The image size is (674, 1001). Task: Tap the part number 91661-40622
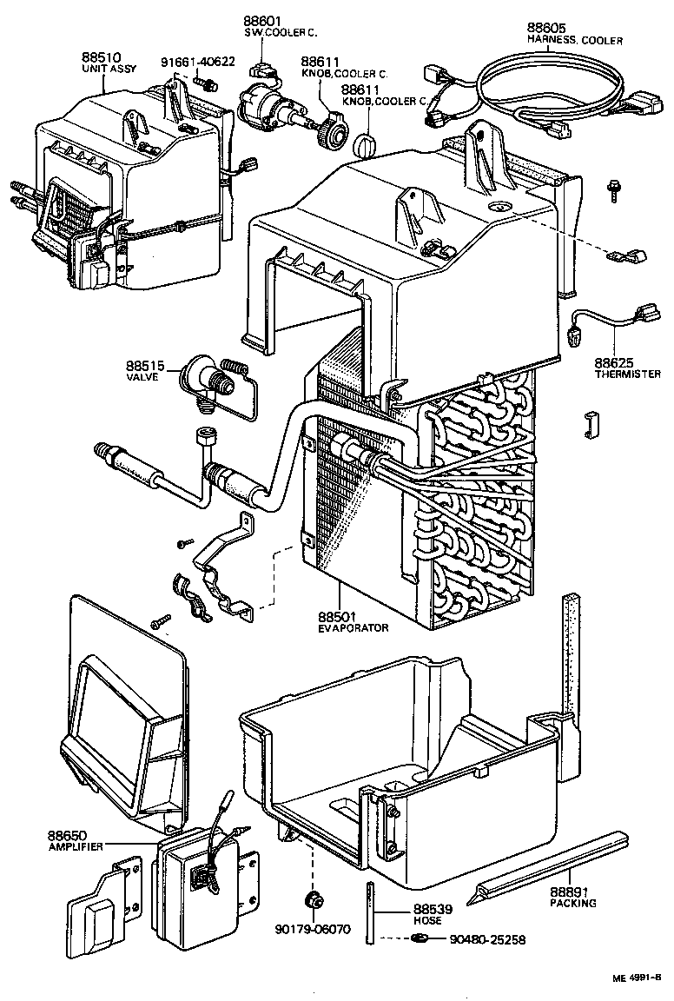[197, 61]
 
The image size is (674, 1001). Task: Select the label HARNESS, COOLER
[574, 40]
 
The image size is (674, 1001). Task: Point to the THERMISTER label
[628, 375]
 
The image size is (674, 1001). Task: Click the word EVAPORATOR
[353, 626]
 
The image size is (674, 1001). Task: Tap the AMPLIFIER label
[76, 846]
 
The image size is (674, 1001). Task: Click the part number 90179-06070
[309, 928]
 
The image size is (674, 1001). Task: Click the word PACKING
[573, 903]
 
